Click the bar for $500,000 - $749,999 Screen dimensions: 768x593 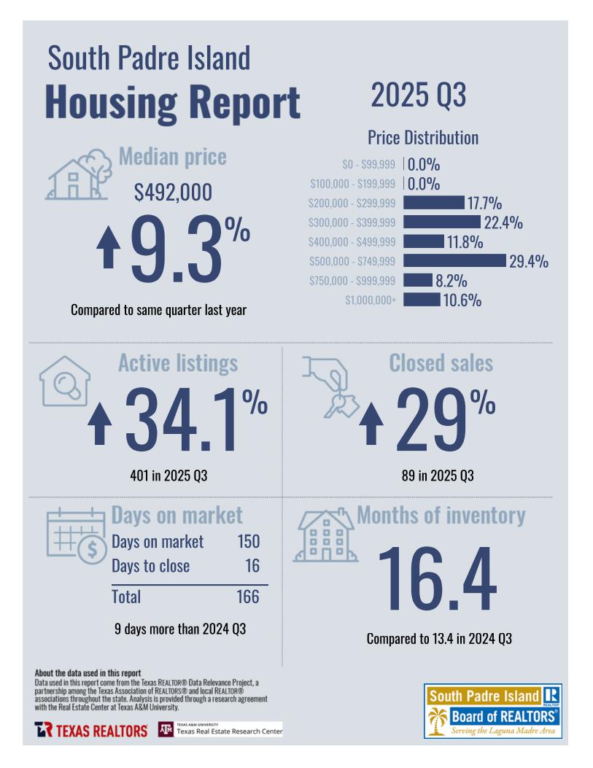(454, 260)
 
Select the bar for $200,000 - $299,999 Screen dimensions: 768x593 (433, 203)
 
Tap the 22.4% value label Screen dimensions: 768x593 (503, 223)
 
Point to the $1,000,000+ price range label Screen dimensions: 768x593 (371, 300)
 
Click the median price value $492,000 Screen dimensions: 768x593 (173, 193)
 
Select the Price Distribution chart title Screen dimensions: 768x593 (423, 138)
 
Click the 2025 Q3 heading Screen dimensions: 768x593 (418, 96)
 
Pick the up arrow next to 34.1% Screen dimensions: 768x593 (100, 425)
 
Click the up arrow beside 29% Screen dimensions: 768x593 (371, 425)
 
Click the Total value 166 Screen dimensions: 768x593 (247, 597)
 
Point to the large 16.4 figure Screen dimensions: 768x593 (436, 580)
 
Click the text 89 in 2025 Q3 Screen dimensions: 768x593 (438, 476)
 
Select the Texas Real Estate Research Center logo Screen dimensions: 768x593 (220, 729)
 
